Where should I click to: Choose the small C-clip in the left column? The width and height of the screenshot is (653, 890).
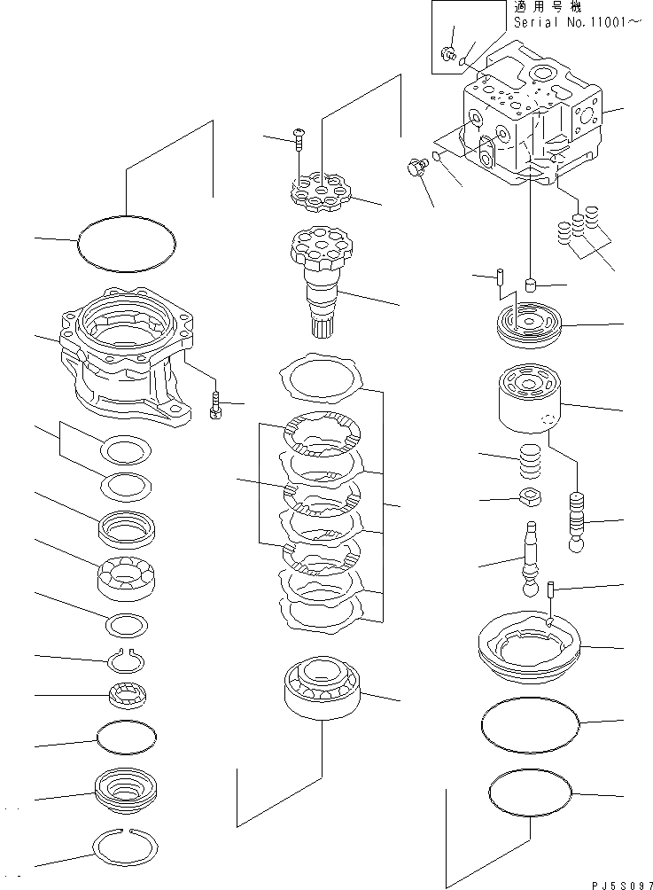(127, 660)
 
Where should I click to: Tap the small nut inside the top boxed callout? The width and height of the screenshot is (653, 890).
(449, 55)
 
